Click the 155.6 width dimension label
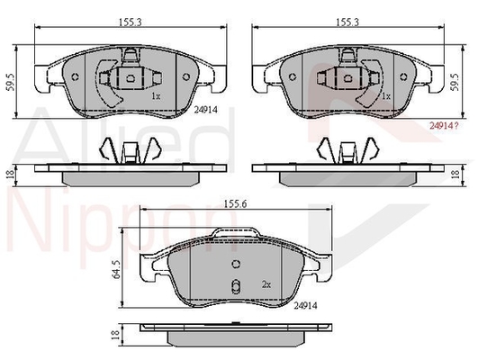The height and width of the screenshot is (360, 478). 235,203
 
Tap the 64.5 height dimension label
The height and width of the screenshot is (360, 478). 116,269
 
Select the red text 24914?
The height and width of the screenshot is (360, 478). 444,125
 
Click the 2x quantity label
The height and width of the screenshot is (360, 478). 266,284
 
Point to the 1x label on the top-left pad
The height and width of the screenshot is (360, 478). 156,96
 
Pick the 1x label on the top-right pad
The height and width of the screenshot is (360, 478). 386,96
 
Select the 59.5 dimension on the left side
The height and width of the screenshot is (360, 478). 10,82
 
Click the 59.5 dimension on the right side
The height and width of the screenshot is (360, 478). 455,82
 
